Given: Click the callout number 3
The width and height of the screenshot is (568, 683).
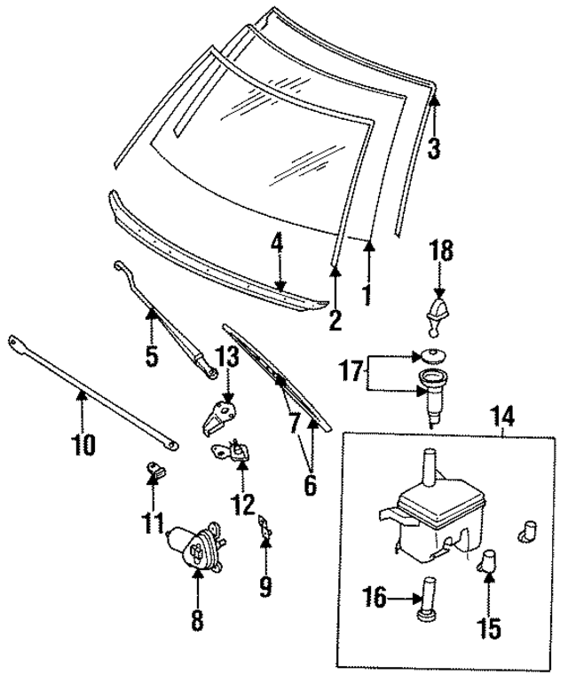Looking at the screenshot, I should (433, 148).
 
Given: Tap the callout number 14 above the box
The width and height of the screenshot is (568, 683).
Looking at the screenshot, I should (501, 414).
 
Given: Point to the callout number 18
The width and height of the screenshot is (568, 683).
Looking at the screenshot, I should (441, 251).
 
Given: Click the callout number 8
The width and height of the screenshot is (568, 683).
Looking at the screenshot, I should (197, 620).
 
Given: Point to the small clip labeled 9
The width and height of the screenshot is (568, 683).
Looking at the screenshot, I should (263, 528).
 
